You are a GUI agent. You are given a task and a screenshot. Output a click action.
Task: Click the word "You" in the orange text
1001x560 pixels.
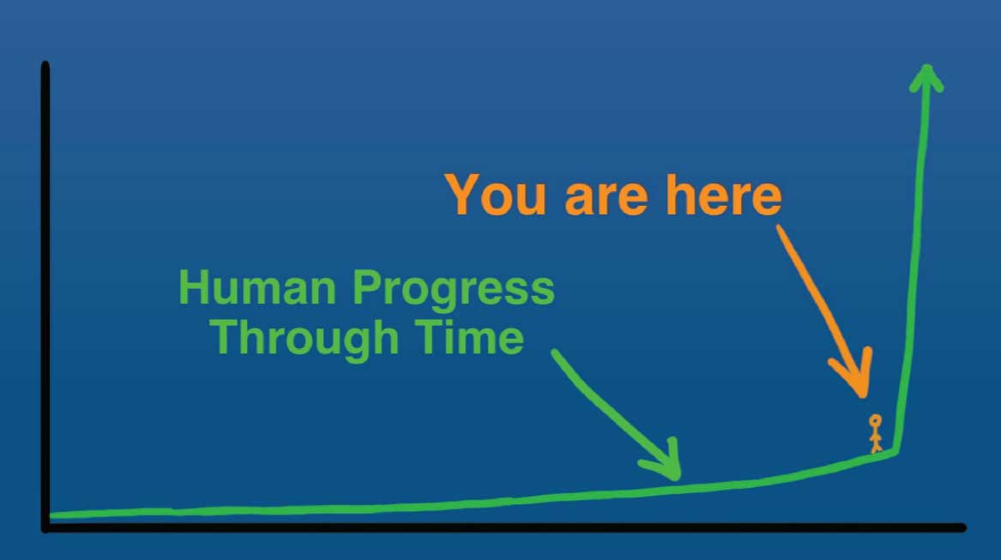[x=496, y=195]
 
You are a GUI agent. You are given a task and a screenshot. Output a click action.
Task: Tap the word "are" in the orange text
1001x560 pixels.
[x=606, y=199]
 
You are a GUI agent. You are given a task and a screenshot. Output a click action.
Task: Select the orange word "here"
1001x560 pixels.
[x=724, y=195]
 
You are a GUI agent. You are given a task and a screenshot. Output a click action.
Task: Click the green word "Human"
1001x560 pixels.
[x=257, y=287]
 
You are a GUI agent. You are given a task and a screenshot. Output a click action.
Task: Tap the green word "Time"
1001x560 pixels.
[x=469, y=336]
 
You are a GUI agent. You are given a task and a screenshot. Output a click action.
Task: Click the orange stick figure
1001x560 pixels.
[x=875, y=434]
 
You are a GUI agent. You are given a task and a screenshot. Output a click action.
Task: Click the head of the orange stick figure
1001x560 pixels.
[x=875, y=421]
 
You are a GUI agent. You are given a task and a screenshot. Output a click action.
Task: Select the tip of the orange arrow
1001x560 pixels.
[x=863, y=396]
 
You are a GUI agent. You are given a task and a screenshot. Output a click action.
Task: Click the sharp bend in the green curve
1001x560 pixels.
[x=896, y=451]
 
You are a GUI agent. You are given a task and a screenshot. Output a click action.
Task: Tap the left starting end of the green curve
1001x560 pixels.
[x=51, y=515]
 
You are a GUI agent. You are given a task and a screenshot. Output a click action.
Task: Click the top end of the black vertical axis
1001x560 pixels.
[x=45, y=63]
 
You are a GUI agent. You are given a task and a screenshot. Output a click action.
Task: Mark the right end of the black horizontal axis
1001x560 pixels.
[x=963, y=527]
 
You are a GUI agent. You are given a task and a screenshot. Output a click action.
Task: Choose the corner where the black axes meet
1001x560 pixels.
[x=45, y=527]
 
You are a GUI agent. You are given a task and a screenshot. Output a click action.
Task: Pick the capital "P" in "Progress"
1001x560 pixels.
[x=368, y=287]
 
